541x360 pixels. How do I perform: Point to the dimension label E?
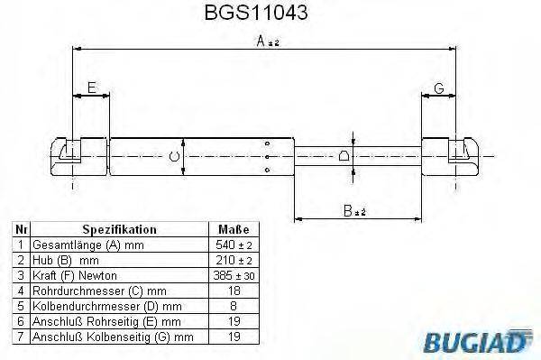point(91,87)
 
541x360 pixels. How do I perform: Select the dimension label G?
point(438,87)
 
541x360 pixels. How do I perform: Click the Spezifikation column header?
point(119,229)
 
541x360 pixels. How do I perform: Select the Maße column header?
point(234,229)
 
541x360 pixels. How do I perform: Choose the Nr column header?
point(19,229)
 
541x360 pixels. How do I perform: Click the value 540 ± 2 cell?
point(234,245)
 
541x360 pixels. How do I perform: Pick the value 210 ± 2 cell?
point(234,260)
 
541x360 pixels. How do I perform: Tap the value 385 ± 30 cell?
point(234,275)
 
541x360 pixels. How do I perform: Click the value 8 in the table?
point(234,306)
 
